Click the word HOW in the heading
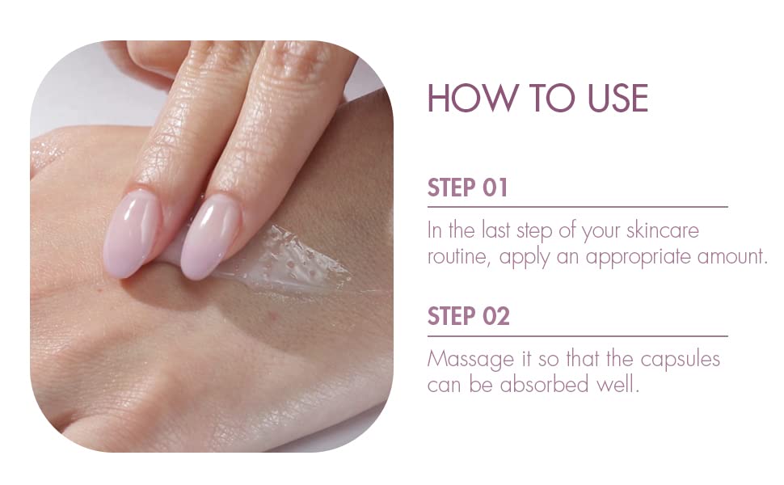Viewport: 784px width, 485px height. (x=471, y=98)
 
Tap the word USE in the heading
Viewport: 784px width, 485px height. (x=618, y=98)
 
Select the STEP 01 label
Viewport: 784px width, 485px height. (x=467, y=188)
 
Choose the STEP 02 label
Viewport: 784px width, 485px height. (x=469, y=316)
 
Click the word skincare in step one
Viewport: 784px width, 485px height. (x=662, y=230)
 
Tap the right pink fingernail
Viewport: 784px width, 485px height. (x=210, y=237)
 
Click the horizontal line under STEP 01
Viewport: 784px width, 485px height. (x=578, y=206)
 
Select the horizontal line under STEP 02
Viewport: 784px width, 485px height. (x=578, y=336)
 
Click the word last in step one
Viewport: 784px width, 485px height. (x=496, y=230)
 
